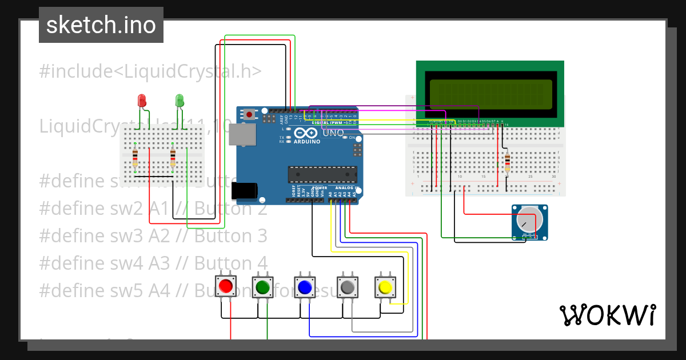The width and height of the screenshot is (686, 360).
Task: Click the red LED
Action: [x=142, y=101]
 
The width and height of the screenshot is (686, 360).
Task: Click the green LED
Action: [x=179, y=101]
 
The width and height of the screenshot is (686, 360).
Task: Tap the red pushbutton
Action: [x=226, y=286]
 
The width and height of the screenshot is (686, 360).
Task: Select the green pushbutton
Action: [x=263, y=286]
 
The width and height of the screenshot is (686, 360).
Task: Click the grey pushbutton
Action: [x=347, y=286]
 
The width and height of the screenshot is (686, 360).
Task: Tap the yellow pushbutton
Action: [x=385, y=286]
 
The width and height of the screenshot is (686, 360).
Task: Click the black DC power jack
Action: [x=243, y=190]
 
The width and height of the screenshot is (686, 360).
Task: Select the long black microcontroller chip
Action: [x=322, y=174]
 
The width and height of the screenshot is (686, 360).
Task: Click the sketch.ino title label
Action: [x=101, y=25]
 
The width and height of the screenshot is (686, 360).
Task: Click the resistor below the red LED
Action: [x=135, y=157]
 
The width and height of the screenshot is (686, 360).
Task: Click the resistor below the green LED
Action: [x=173, y=157]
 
